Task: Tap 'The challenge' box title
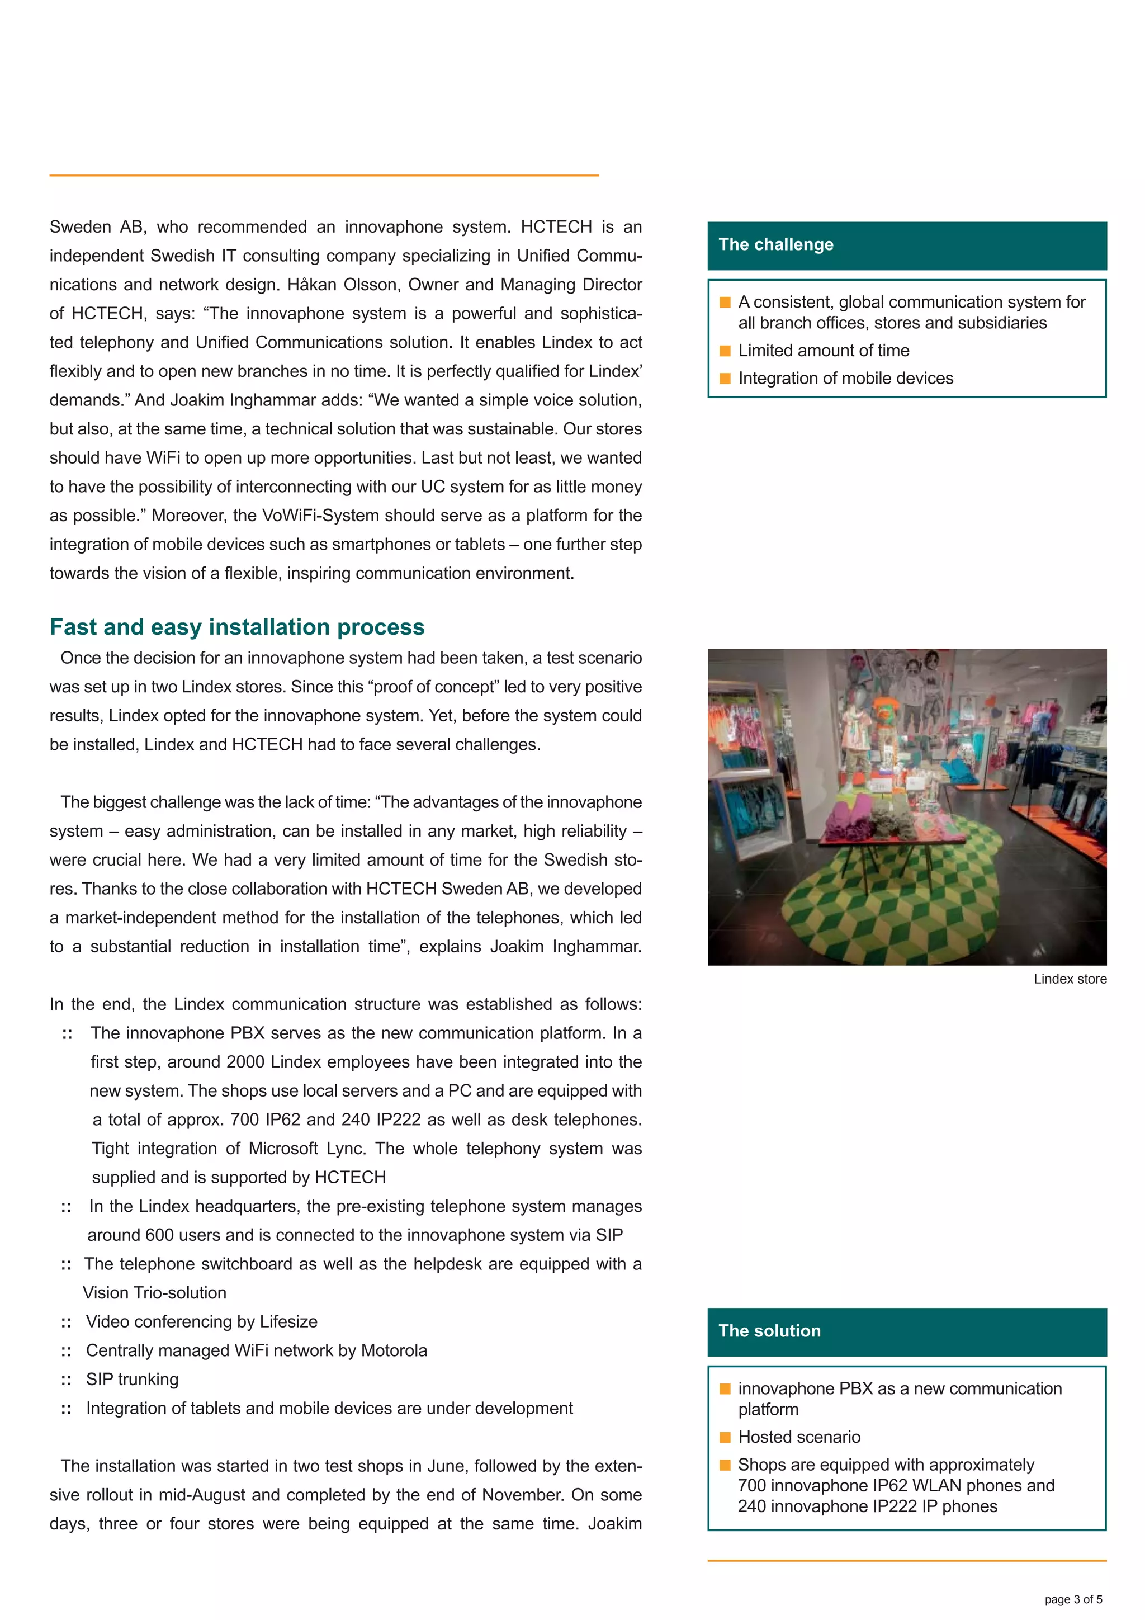[x=775, y=245]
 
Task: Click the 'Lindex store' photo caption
[x=1070, y=979]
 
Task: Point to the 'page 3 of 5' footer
[x=1072, y=1599]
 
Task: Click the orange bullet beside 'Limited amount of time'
[x=725, y=351]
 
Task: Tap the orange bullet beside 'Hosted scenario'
[x=725, y=1437]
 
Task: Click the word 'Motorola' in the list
[x=394, y=1350]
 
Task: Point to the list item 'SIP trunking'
[x=132, y=1380]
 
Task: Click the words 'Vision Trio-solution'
[x=154, y=1293]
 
